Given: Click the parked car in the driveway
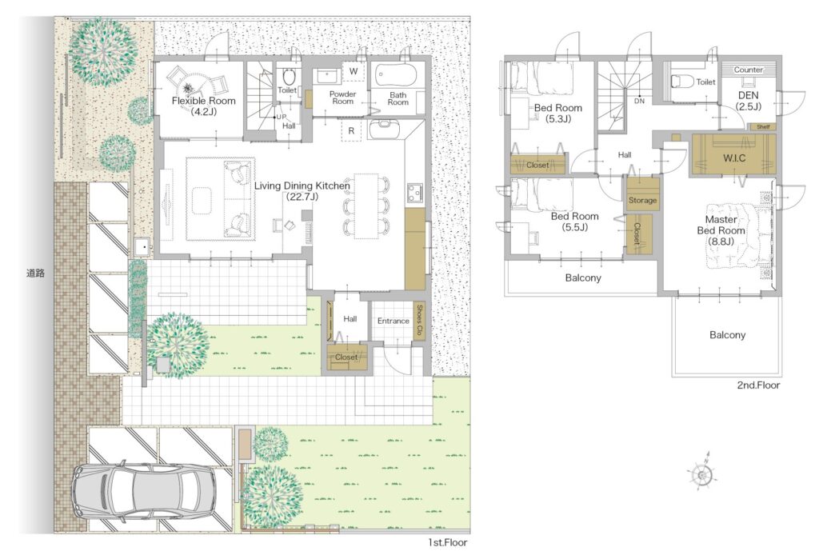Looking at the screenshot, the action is click(144, 489).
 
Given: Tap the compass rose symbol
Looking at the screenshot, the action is click(702, 473).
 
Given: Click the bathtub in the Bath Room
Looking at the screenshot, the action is click(394, 76).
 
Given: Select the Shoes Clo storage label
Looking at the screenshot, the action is click(419, 321).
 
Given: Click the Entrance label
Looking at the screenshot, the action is click(394, 321).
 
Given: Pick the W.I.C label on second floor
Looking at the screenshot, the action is click(734, 158).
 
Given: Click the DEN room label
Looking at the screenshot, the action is click(749, 95).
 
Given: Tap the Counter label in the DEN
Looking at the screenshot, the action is click(748, 70).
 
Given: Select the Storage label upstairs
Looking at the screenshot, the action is click(642, 200).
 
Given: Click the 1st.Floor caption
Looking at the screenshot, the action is click(448, 542).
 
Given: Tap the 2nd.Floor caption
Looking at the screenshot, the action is click(758, 385).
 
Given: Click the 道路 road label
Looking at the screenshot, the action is click(35, 273).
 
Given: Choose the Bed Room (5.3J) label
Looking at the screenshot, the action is click(557, 113).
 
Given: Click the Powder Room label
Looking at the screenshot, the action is click(342, 98).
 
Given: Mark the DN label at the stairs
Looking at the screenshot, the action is click(639, 102).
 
